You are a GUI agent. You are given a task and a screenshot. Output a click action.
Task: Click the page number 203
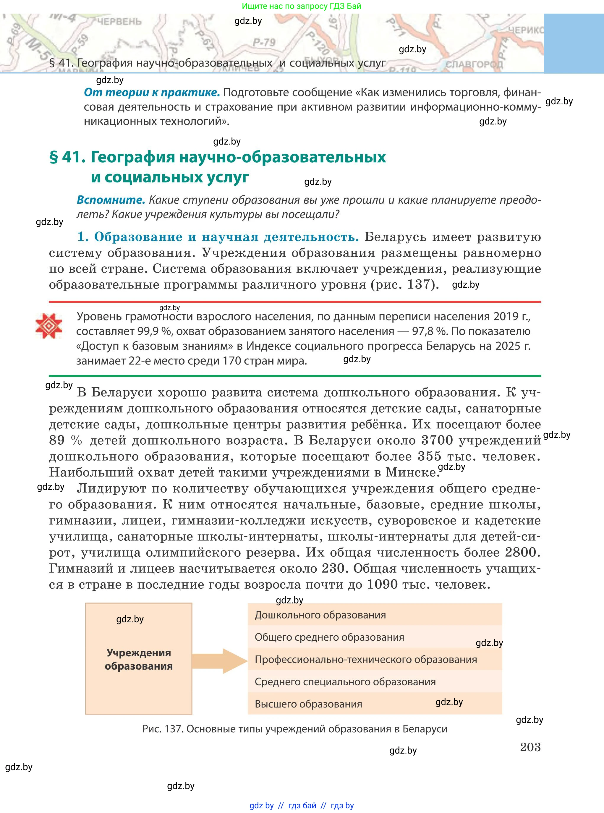530,746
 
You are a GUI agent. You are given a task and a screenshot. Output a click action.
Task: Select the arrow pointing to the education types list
220,660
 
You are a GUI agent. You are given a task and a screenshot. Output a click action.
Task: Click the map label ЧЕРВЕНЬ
119,21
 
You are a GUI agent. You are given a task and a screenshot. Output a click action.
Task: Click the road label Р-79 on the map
264,42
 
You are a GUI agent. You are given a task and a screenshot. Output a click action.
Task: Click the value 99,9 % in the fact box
154,331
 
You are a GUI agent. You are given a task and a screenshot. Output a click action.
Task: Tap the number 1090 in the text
382,584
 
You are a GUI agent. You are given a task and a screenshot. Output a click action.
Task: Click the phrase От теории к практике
152,93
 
